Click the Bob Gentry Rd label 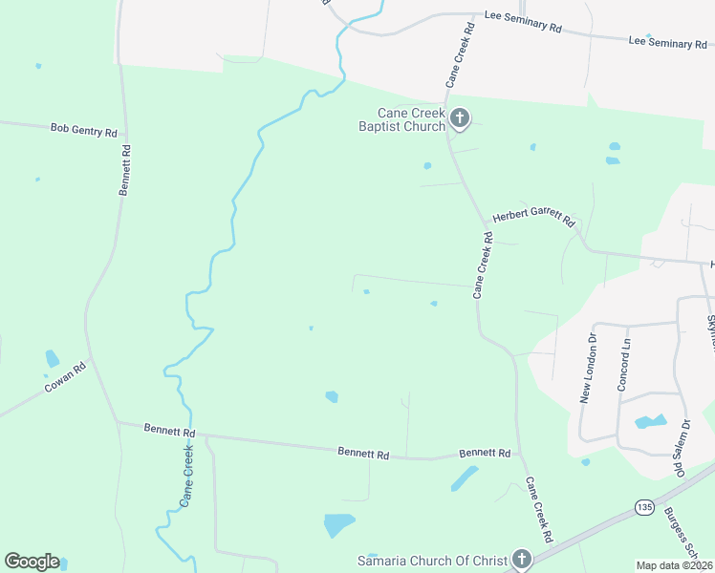point(84,128)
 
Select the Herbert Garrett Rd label point(533,218)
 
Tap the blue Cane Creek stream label point(187,477)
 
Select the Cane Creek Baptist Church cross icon point(460,118)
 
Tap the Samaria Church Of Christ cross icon point(521,559)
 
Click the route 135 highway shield point(642,505)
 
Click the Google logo point(32,562)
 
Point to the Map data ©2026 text point(674,565)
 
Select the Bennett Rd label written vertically point(124,170)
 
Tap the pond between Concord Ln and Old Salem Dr point(651,421)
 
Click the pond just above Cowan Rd point(52,359)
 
